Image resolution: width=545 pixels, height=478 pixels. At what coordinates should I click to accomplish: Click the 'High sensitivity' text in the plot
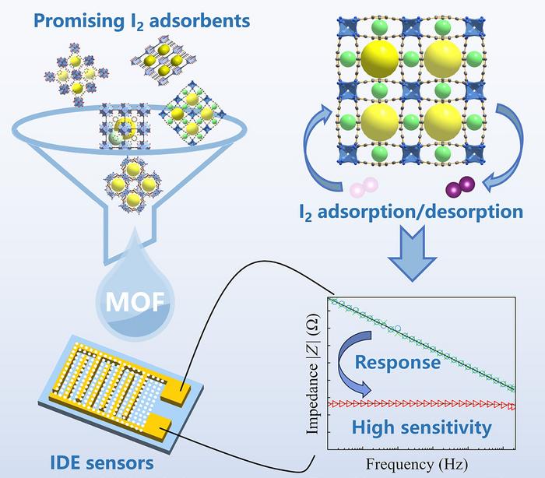coord(421,427)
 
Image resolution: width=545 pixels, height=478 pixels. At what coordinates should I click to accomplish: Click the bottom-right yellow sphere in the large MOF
coord(441,124)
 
